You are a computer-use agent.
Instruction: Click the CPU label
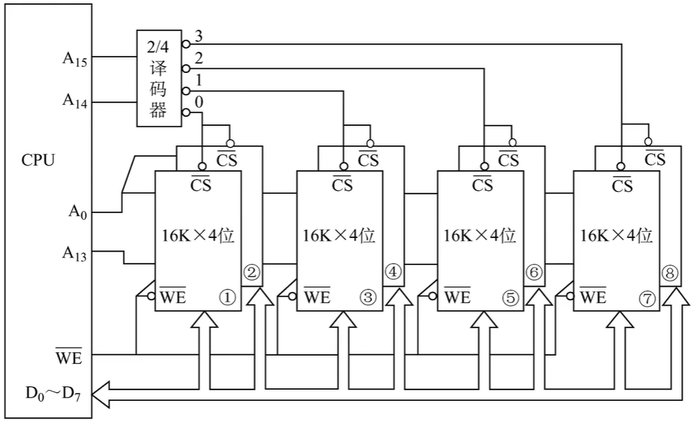click(x=38, y=160)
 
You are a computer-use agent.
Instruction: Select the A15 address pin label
click(x=74, y=59)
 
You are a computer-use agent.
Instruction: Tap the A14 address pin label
click(x=74, y=101)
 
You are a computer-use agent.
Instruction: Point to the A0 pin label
click(x=77, y=212)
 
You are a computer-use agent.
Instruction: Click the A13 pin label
click(x=74, y=254)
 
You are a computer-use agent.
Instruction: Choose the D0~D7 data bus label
click(x=53, y=393)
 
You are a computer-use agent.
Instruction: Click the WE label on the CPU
click(x=69, y=356)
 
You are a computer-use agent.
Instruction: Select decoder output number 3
click(x=199, y=36)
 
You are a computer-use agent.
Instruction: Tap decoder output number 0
click(x=199, y=103)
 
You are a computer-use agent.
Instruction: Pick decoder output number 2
click(x=199, y=58)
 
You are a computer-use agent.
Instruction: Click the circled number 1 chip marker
click(x=227, y=298)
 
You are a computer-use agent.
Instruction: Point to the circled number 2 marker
click(x=252, y=273)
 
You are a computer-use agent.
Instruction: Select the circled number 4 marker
click(x=393, y=272)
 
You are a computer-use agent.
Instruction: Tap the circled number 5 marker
click(x=510, y=298)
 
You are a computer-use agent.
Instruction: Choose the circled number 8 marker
click(x=669, y=273)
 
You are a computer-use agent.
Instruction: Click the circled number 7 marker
click(x=647, y=299)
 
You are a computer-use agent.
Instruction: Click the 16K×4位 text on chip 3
click(x=339, y=236)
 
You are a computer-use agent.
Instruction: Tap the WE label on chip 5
click(x=457, y=296)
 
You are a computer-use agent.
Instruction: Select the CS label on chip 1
click(x=201, y=184)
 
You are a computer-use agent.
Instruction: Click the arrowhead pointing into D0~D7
click(x=100, y=394)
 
